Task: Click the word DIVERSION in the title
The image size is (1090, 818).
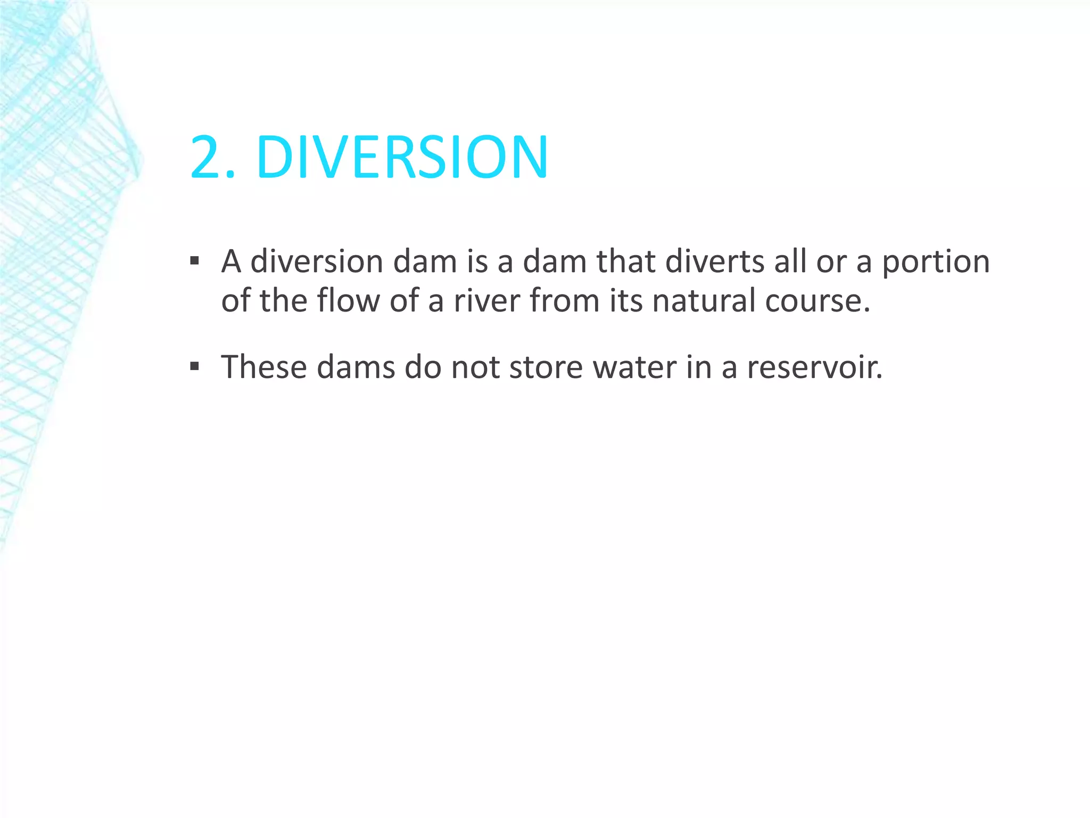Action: coord(402,158)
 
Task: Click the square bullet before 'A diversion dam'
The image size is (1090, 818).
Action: coord(195,261)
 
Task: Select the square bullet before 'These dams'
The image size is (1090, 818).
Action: coord(195,366)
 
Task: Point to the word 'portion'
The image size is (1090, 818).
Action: coord(936,263)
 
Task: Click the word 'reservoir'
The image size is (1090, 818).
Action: coord(814,367)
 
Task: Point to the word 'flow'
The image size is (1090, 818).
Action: coord(348,301)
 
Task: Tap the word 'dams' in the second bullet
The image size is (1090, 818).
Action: coord(356,367)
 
